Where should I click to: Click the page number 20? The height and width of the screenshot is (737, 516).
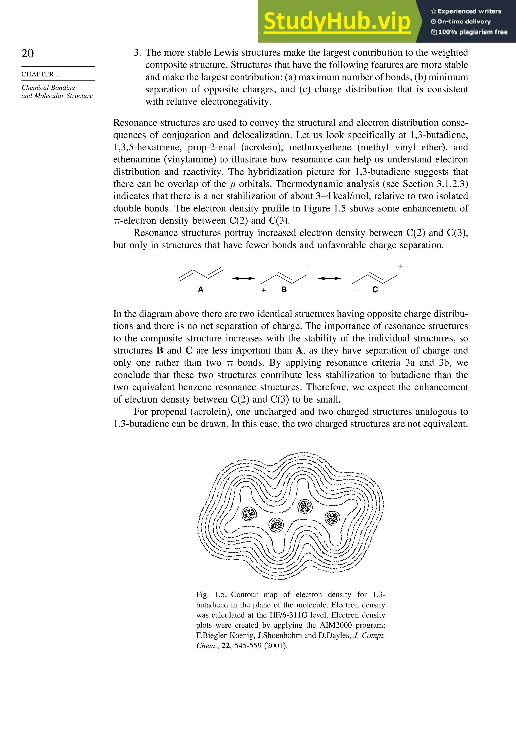click(28, 53)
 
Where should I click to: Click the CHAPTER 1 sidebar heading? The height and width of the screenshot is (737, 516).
click(41, 74)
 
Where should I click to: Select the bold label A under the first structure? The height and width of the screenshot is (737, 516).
click(200, 290)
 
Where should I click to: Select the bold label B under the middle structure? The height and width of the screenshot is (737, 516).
click(284, 290)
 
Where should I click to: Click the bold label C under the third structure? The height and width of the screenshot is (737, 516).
click(375, 290)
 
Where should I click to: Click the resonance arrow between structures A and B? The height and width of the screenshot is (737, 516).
click(243, 278)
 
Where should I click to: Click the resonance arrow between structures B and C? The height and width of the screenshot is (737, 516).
click(329, 278)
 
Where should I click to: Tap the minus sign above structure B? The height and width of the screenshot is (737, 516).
click(310, 266)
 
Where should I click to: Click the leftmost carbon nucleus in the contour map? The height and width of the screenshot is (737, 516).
click(249, 514)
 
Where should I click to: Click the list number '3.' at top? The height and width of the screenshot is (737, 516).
click(137, 53)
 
